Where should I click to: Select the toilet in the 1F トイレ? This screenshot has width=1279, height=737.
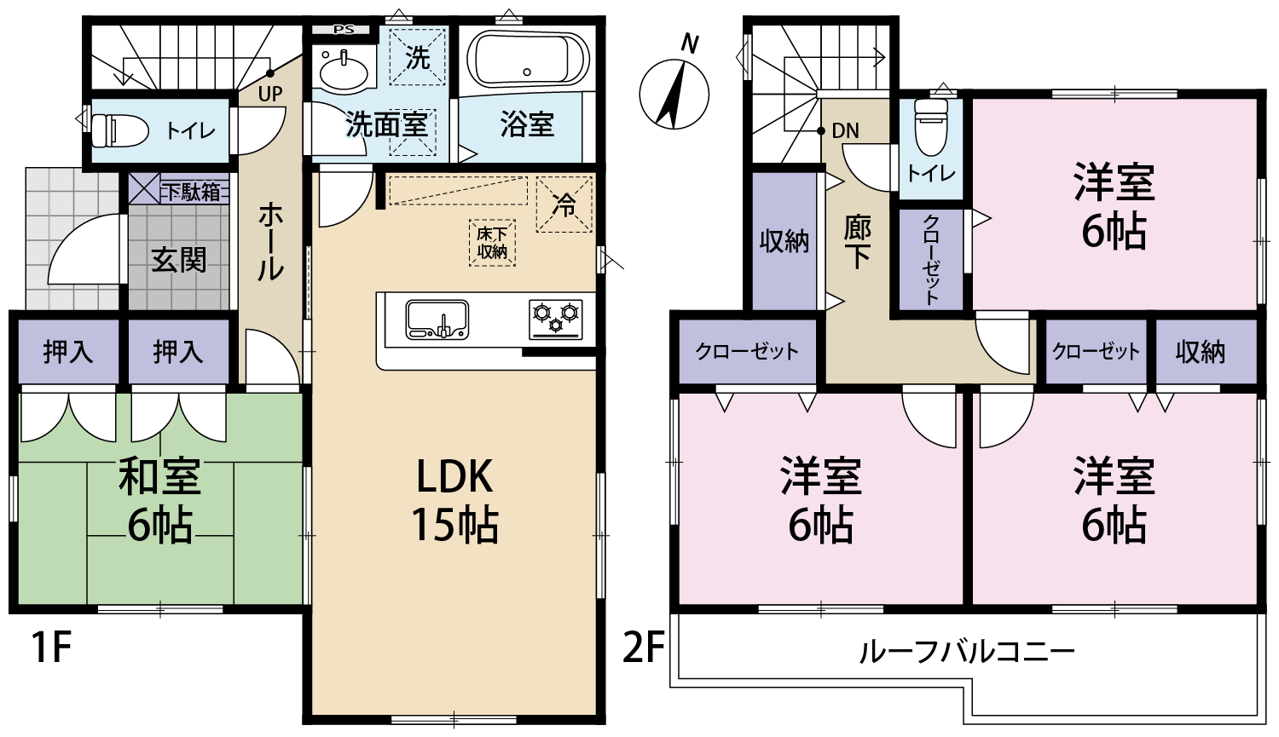pos(119,130)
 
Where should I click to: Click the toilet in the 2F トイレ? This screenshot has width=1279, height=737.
pos(931,127)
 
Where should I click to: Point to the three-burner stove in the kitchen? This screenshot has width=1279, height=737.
pos(555,320)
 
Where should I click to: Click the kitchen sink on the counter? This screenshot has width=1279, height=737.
pos(437,320)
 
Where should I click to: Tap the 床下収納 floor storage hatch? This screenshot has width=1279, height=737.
pos(492,243)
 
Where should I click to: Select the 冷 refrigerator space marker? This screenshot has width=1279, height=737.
pos(564,204)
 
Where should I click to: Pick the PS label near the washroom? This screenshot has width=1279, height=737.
pos(344,30)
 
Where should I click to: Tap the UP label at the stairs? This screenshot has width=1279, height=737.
pos(270,94)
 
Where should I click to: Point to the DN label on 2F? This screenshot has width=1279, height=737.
pos(845,130)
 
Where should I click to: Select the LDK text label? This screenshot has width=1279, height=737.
pos(454,476)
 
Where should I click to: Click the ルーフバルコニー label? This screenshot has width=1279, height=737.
pos(967,653)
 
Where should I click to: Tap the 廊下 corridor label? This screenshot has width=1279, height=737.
pos(857,245)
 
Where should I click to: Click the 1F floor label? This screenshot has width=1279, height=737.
pos(52,648)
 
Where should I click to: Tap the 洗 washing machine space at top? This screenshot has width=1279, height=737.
pos(418,58)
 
